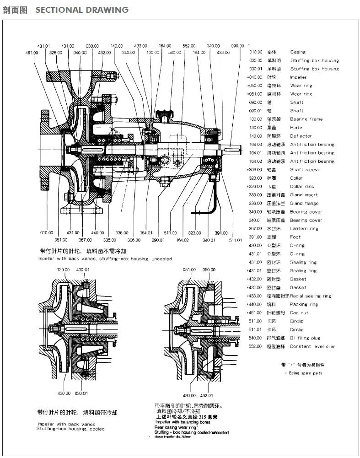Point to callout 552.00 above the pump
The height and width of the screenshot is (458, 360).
point(189,46)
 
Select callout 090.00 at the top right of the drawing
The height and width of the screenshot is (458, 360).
point(237,46)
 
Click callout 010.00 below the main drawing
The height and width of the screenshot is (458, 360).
point(47,233)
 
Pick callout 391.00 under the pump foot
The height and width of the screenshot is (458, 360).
point(221,233)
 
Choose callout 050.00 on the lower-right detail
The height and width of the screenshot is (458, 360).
point(209,269)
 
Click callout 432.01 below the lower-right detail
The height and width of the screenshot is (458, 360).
point(207,395)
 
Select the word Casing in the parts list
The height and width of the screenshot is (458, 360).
point(298,52)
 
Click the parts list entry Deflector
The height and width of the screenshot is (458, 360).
point(301,136)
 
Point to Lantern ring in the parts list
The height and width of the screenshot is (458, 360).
point(304,228)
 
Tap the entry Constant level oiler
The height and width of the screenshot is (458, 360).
point(312,346)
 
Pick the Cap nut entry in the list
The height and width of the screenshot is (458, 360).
point(299,313)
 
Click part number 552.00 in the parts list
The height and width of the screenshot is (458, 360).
point(256,346)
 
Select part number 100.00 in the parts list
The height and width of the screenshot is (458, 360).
point(256,119)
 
